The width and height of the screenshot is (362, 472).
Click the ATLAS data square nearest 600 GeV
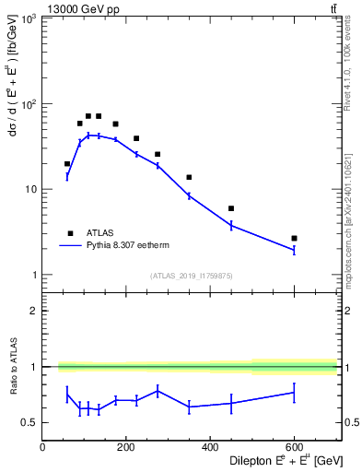point(294,238)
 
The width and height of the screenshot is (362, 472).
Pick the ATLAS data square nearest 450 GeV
point(231,208)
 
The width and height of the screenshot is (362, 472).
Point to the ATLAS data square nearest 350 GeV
point(189,177)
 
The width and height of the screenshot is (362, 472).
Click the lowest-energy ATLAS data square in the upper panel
point(67,163)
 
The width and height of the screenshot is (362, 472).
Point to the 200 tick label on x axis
point(126,447)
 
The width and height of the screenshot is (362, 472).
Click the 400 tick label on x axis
point(210,447)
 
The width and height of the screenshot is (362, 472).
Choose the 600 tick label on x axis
point(294,447)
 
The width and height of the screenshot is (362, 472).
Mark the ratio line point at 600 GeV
point(294,393)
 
